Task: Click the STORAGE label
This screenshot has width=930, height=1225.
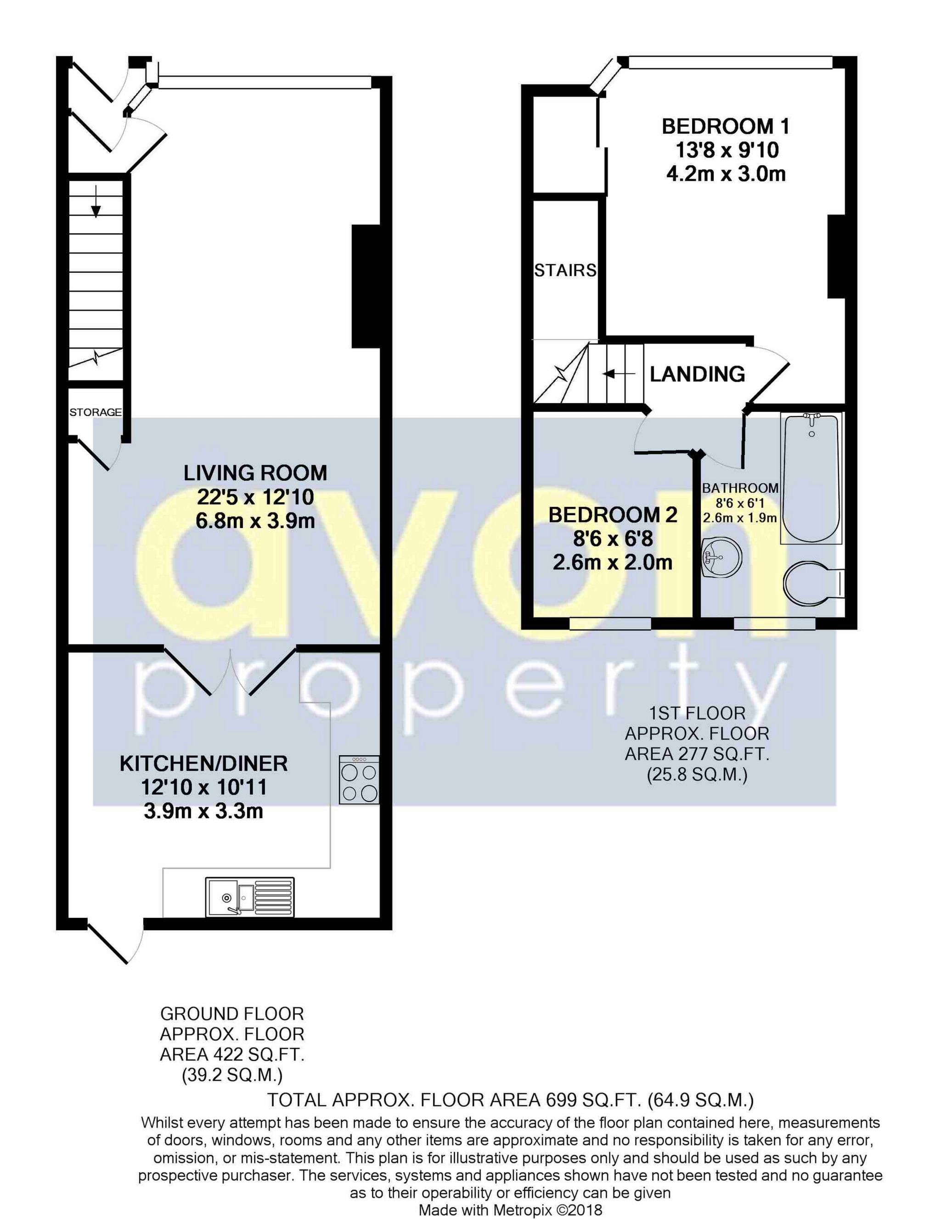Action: coord(95,412)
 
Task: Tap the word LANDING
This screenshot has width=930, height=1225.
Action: coord(697,374)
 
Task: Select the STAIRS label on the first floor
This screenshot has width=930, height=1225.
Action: coord(565,270)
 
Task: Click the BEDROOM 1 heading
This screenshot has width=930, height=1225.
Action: coord(725,126)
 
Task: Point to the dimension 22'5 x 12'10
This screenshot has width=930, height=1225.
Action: coord(255,497)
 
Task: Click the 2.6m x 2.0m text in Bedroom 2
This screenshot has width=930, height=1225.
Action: coord(613,562)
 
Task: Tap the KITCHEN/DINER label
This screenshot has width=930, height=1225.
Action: coord(204,763)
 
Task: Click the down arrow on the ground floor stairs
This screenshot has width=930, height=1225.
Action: coord(96,202)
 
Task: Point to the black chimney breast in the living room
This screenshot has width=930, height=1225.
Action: coord(366,286)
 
